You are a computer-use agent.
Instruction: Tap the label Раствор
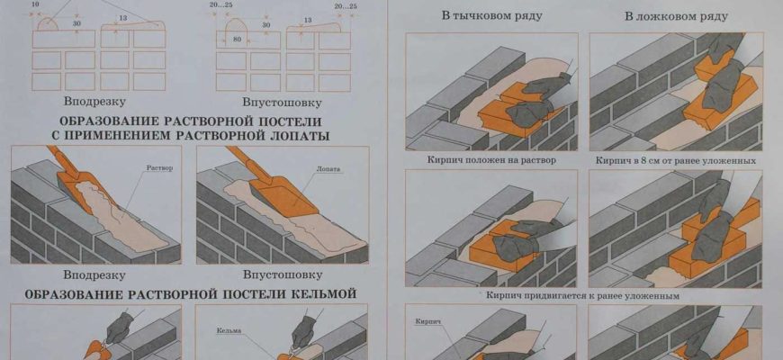pyautogui.click(x=157, y=168)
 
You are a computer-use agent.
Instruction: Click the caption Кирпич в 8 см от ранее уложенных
pyautogui.click(x=674, y=160)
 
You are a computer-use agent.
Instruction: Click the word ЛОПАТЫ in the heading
pyautogui.click(x=296, y=135)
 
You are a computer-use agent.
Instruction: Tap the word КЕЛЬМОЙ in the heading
pyautogui.click(x=321, y=293)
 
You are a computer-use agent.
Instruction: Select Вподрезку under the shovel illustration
pyautogui.click(x=94, y=274)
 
